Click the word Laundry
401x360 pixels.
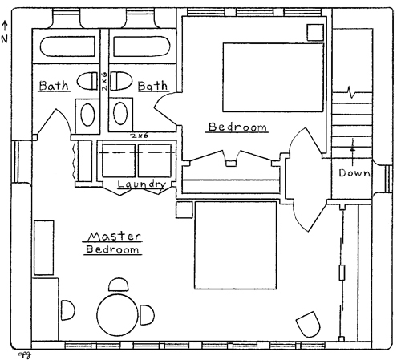click(x=142, y=184)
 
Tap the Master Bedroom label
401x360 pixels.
click(x=113, y=243)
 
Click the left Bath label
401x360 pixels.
click(x=54, y=86)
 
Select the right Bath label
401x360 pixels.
click(x=153, y=86)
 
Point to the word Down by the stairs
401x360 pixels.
click(x=354, y=173)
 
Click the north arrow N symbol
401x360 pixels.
click(x=5, y=32)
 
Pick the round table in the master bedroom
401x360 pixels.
click(x=118, y=315)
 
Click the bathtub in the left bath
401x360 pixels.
click(x=67, y=47)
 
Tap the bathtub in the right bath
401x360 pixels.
click(x=142, y=47)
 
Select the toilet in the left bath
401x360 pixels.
click(x=87, y=81)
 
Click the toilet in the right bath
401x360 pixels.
click(x=121, y=81)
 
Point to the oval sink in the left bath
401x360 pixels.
click(x=87, y=115)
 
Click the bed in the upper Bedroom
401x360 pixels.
click(x=273, y=77)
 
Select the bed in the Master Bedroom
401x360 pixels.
click(x=236, y=245)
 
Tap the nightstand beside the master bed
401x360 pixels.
click(x=184, y=210)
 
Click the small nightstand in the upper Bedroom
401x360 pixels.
click(x=315, y=33)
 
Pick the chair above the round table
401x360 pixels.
click(x=118, y=285)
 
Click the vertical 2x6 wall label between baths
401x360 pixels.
click(x=104, y=81)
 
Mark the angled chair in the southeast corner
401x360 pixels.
click(x=308, y=324)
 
